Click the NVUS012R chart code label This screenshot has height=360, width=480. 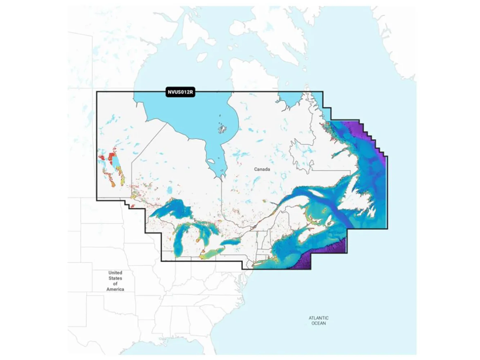(180, 92)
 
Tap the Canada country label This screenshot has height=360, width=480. (262, 169)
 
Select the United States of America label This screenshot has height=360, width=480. (115, 281)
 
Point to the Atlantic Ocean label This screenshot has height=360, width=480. (318, 320)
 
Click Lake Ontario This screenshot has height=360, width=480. (231, 243)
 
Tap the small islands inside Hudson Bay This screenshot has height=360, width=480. (222, 128)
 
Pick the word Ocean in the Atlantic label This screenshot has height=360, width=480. (318, 323)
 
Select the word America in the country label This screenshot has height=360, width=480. (115, 289)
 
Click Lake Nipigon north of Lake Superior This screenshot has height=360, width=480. (170, 190)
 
